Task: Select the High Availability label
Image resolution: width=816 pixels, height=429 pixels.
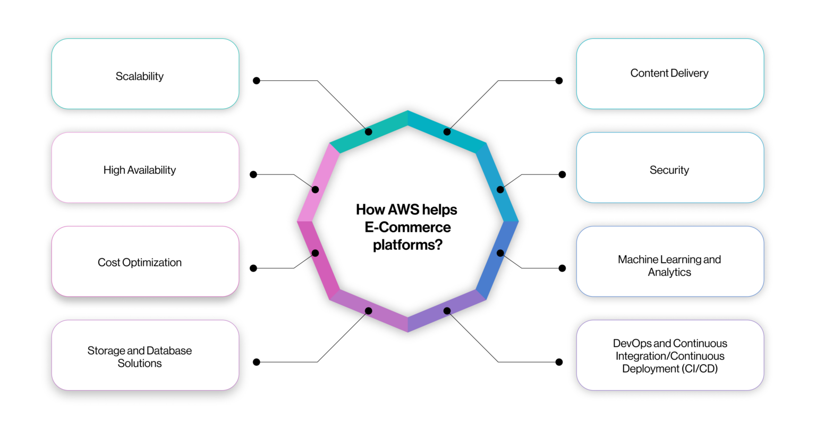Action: (x=139, y=170)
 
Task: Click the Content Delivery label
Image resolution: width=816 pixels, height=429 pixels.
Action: (x=669, y=73)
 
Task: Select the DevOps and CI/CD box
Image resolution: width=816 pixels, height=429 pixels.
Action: (x=669, y=355)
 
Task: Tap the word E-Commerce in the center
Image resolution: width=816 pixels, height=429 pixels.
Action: (x=407, y=227)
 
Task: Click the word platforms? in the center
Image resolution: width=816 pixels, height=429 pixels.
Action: (x=407, y=245)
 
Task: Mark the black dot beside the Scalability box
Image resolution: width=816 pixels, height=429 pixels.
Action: (x=257, y=81)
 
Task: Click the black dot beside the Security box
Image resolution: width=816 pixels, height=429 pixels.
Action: (x=562, y=174)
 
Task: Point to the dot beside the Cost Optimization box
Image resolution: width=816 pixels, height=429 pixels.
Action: (x=253, y=268)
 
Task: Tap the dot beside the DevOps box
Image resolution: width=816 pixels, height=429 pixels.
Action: (x=559, y=362)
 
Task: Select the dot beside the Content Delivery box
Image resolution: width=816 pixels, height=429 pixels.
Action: (x=559, y=81)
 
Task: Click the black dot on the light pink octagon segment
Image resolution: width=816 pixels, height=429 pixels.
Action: (x=315, y=190)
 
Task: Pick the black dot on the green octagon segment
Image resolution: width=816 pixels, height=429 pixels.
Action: (x=368, y=132)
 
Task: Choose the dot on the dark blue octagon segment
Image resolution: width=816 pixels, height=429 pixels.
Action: (x=500, y=253)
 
